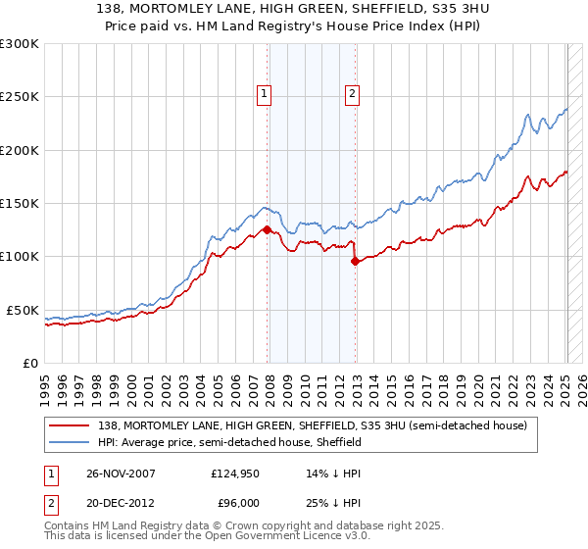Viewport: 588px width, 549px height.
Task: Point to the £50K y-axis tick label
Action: coord(22,310)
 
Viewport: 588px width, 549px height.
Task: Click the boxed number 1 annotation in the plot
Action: coord(265,94)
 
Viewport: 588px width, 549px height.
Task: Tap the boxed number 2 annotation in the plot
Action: coord(352,94)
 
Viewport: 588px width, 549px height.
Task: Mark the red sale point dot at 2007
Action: coord(268,230)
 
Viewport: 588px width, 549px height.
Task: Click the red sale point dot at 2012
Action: coord(355,261)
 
